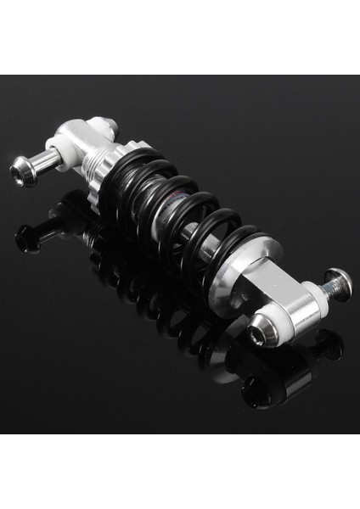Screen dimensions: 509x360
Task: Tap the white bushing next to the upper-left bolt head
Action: coord(54,156)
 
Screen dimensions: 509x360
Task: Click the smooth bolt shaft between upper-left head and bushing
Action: coord(38,163)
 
